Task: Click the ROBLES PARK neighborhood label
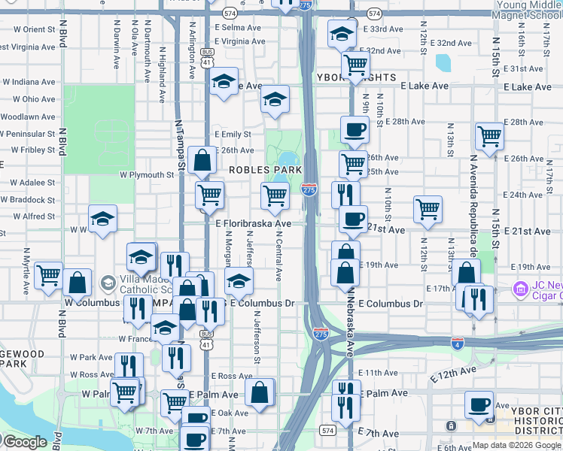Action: [260, 171]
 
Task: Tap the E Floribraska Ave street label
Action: [253, 224]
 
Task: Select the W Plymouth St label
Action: [147, 174]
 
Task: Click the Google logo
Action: [26, 441]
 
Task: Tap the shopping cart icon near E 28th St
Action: [488, 136]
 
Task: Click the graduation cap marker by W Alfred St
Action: [102, 219]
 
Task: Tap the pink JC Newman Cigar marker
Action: [519, 289]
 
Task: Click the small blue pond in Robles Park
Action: [288, 159]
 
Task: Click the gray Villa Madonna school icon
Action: [108, 283]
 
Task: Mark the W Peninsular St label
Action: [28, 133]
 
